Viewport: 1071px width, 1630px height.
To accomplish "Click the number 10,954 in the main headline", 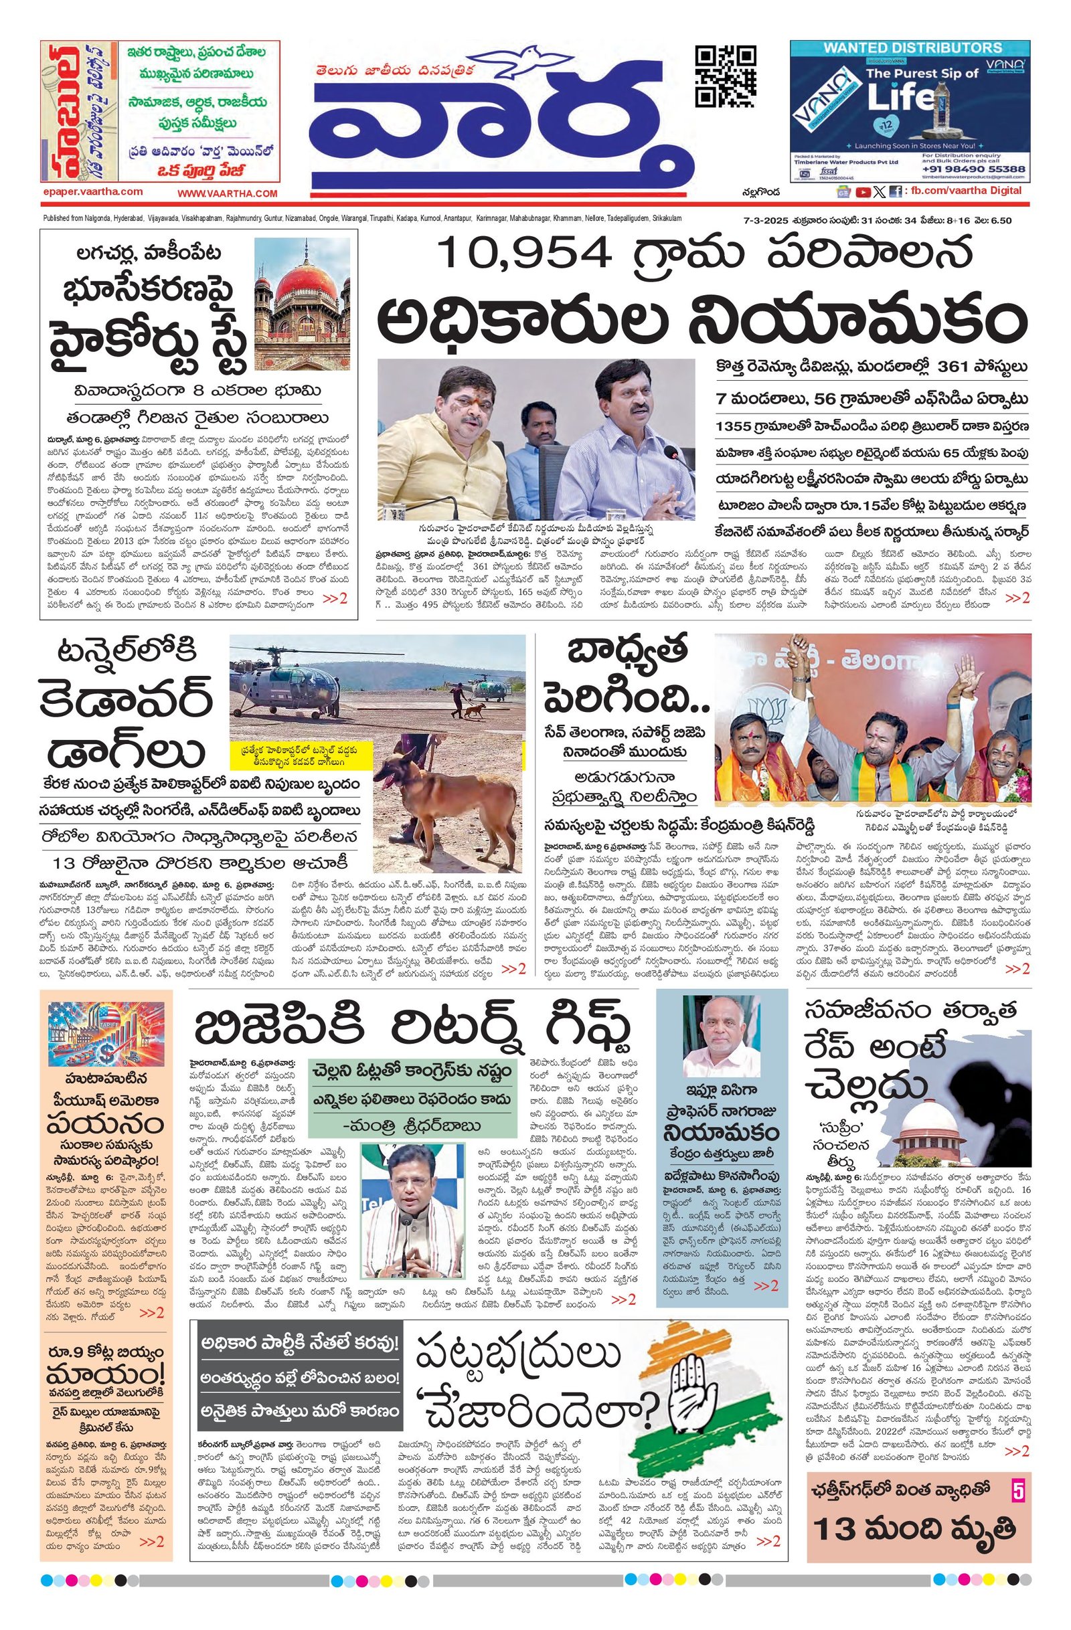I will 524,253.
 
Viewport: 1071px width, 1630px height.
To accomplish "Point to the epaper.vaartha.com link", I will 92,193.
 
